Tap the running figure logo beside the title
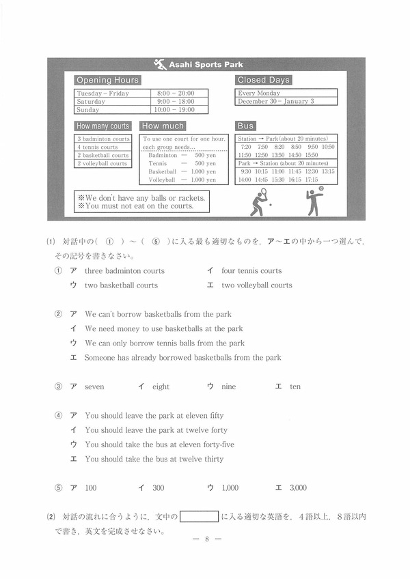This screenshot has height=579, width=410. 161,64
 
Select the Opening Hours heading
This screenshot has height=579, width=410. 107,80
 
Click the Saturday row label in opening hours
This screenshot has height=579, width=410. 92,101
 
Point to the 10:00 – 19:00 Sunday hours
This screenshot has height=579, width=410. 174,109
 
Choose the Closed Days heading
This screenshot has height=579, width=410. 264,80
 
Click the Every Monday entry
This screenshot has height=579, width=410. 259,93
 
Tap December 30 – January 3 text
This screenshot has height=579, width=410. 276,101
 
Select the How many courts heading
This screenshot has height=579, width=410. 102,126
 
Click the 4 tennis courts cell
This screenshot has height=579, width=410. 97,147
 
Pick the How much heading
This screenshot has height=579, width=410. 163,126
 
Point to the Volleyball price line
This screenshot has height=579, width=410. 182,180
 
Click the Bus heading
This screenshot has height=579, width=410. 245,126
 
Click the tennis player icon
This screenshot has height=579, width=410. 260,202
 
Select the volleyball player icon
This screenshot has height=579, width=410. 314,201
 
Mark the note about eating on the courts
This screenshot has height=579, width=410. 135,206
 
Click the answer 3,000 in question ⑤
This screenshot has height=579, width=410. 298,488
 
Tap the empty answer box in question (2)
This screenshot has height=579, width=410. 199,517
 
